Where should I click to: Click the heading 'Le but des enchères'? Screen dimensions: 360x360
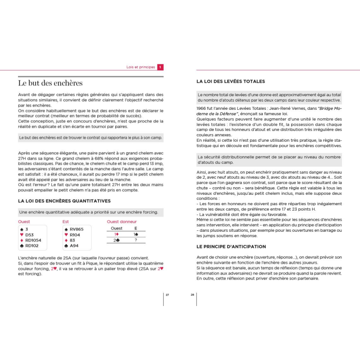click(50, 83)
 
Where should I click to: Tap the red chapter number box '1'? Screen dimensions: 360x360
click(160, 67)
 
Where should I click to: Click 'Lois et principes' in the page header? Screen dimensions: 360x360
click(140, 67)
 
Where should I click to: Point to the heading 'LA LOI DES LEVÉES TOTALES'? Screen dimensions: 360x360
click(230, 81)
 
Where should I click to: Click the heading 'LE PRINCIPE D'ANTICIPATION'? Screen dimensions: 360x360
click(231, 247)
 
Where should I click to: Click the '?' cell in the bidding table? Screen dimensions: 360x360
click(135, 240)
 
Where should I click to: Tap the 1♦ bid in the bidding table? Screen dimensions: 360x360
click(117, 234)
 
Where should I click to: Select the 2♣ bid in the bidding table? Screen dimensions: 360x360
click(117, 240)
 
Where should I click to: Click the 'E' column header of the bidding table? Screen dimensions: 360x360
click(135, 228)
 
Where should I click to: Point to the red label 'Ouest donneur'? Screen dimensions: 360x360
click(121, 221)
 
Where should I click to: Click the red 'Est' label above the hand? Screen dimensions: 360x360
click(65, 221)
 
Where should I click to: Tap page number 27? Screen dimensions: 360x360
click(167, 295)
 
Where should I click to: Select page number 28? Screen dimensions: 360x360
click(193, 295)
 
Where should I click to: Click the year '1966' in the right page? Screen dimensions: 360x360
click(202, 108)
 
